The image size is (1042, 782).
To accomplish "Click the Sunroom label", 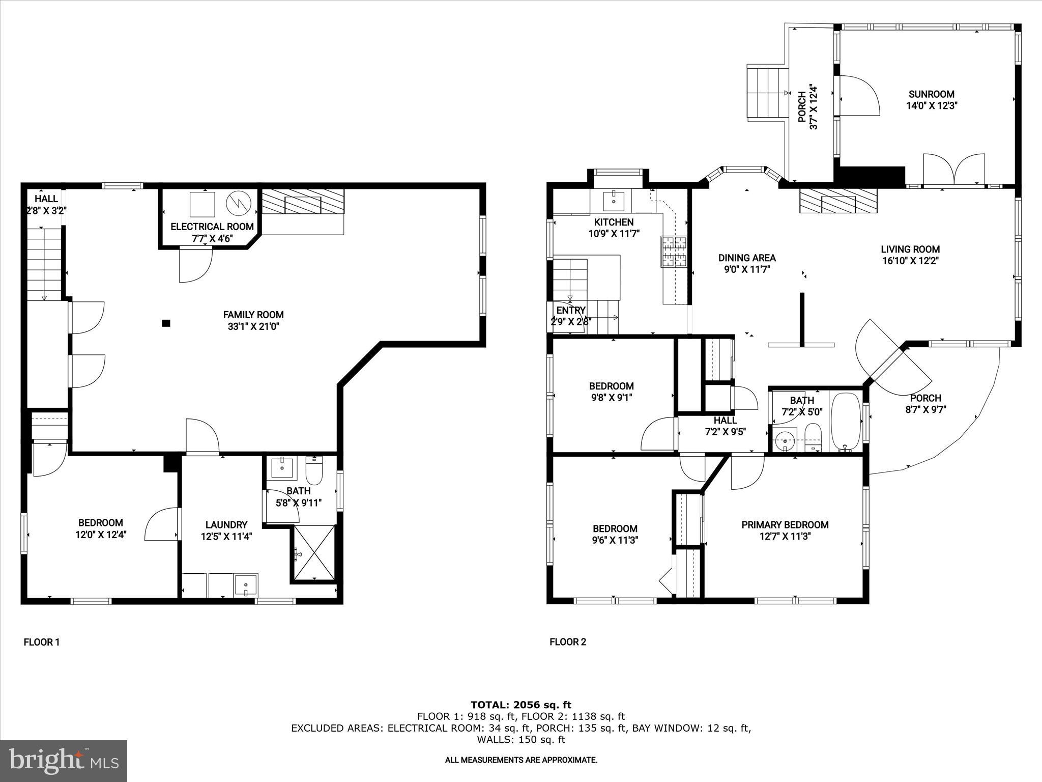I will (x=931, y=94).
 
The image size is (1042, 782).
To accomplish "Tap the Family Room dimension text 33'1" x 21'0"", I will (x=253, y=326).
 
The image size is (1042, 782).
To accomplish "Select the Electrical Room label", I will (x=212, y=227).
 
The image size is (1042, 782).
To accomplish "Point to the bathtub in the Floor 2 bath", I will (x=845, y=422).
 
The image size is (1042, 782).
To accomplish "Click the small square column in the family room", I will (x=166, y=323).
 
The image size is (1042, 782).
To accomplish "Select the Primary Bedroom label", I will (x=785, y=524).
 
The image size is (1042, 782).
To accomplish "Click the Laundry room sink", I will (x=246, y=585).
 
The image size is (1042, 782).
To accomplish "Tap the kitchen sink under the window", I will (x=615, y=201).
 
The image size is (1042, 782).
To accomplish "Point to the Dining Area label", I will (x=746, y=258).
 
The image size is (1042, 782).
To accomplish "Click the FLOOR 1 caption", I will (x=42, y=643).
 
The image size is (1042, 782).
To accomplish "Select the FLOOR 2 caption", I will (x=568, y=643).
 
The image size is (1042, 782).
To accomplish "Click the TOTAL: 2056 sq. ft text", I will (x=520, y=705).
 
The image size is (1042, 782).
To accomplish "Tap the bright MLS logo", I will (x=64, y=761).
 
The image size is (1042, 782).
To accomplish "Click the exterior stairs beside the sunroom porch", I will (x=766, y=92).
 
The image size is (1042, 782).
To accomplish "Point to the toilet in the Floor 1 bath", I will (x=314, y=471).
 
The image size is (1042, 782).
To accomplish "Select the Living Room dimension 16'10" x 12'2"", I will (x=910, y=261).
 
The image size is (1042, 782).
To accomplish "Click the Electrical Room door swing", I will (x=195, y=265).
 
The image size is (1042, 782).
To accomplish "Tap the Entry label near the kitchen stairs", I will (x=570, y=311).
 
